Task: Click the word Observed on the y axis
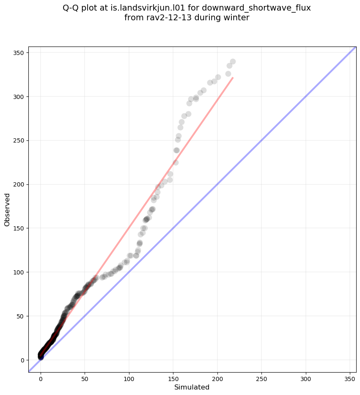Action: coord(7,209)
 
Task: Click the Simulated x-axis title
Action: coord(192,387)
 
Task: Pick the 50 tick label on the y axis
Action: coord(22,316)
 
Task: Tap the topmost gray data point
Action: coord(233,61)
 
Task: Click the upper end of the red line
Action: coord(233,78)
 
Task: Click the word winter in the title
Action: coord(237,18)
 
